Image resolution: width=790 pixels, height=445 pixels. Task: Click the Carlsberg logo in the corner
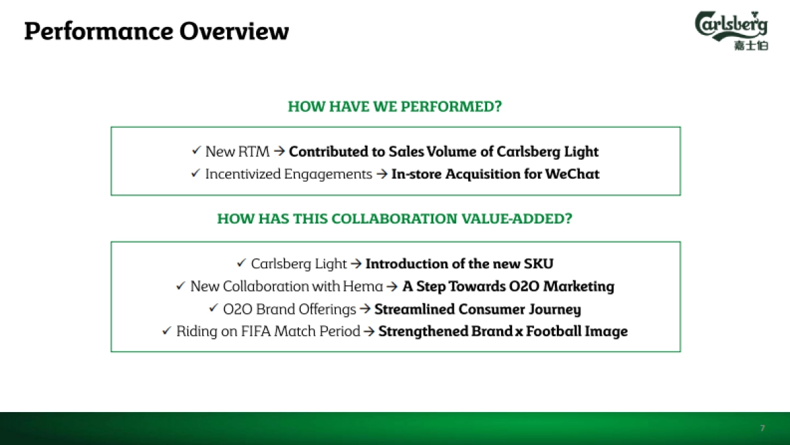[731, 30]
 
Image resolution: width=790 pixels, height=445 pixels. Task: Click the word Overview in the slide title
[234, 31]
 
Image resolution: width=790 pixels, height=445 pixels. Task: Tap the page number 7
[762, 428]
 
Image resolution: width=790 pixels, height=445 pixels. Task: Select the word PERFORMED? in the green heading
[451, 106]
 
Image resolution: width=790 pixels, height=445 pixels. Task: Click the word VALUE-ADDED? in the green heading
[517, 219]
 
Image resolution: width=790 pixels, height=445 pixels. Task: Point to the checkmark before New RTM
[196, 150]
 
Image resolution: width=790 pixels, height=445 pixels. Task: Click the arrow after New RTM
[279, 151]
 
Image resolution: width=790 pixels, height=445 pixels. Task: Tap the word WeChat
[572, 174]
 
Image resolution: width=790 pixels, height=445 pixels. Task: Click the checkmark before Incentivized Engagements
[196, 173]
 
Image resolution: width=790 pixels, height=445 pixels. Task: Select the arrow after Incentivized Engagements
[382, 174]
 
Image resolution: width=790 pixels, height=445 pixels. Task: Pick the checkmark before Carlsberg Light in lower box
[241, 263]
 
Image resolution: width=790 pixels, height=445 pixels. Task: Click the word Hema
[363, 286]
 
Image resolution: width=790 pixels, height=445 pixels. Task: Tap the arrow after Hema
[392, 286]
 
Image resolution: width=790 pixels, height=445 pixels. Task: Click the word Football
[554, 331]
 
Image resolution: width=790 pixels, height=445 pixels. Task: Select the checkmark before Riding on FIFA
[167, 330]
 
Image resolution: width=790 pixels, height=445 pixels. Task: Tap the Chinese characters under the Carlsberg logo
[751, 46]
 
